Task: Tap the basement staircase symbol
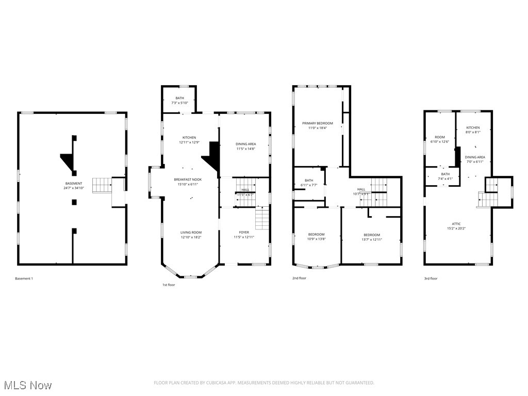point(102,185)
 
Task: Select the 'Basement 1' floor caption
point(24,279)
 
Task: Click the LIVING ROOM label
point(191,235)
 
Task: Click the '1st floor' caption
point(168,285)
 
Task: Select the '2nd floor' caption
point(299,278)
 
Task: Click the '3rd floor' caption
point(431,279)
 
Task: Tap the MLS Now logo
point(28,385)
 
